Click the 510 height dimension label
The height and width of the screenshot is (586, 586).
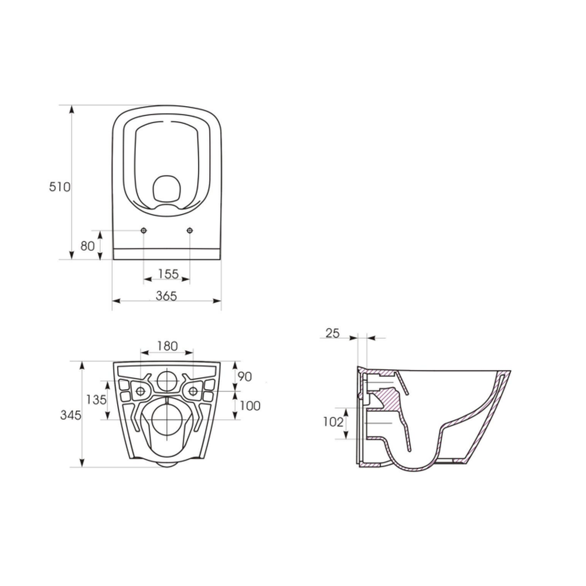60,186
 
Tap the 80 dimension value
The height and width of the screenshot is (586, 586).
87,246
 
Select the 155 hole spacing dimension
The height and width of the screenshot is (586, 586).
168,274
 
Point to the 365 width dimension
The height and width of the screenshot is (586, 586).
166,295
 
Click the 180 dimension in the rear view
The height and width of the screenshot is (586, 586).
167,346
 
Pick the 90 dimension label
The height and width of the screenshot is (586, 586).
245,377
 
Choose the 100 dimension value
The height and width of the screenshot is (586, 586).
250,406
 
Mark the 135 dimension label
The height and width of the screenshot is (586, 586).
97,400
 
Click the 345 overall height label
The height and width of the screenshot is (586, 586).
71,415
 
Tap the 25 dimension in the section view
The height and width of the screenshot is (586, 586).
333,333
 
